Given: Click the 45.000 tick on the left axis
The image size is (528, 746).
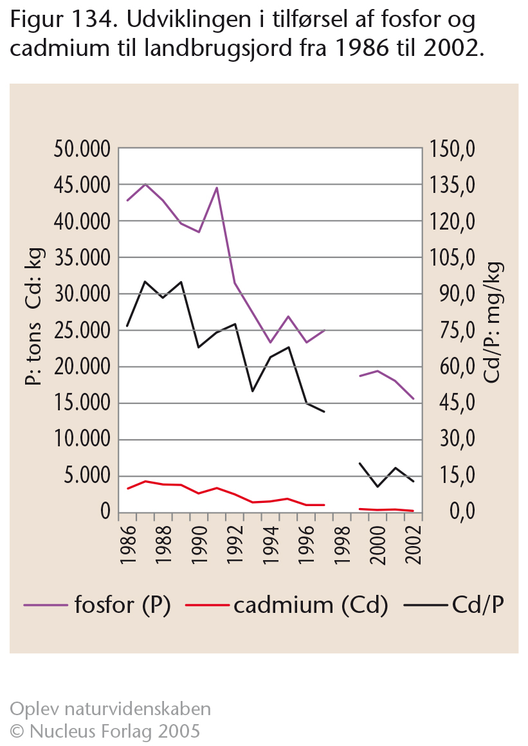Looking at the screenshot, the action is click(x=82, y=185).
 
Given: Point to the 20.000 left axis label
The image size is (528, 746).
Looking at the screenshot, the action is click(x=82, y=367).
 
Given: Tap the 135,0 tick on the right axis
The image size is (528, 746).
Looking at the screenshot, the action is click(x=452, y=185).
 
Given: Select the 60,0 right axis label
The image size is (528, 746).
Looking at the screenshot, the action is click(x=457, y=367).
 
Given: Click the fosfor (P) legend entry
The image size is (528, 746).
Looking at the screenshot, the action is click(x=97, y=605).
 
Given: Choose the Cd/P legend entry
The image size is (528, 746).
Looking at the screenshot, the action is click(x=454, y=605).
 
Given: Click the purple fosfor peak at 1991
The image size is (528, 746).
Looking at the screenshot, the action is click(x=217, y=187).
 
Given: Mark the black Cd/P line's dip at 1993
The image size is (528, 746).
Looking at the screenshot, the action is click(x=253, y=391).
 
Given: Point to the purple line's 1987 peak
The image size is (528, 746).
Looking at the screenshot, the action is click(x=145, y=184).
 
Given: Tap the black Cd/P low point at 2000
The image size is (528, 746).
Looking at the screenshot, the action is click(x=378, y=487).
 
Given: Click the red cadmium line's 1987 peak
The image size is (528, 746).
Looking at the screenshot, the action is click(x=145, y=481).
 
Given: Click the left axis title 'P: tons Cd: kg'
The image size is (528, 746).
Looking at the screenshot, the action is click(x=34, y=317).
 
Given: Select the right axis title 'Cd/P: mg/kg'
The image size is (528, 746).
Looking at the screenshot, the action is click(x=493, y=322).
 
